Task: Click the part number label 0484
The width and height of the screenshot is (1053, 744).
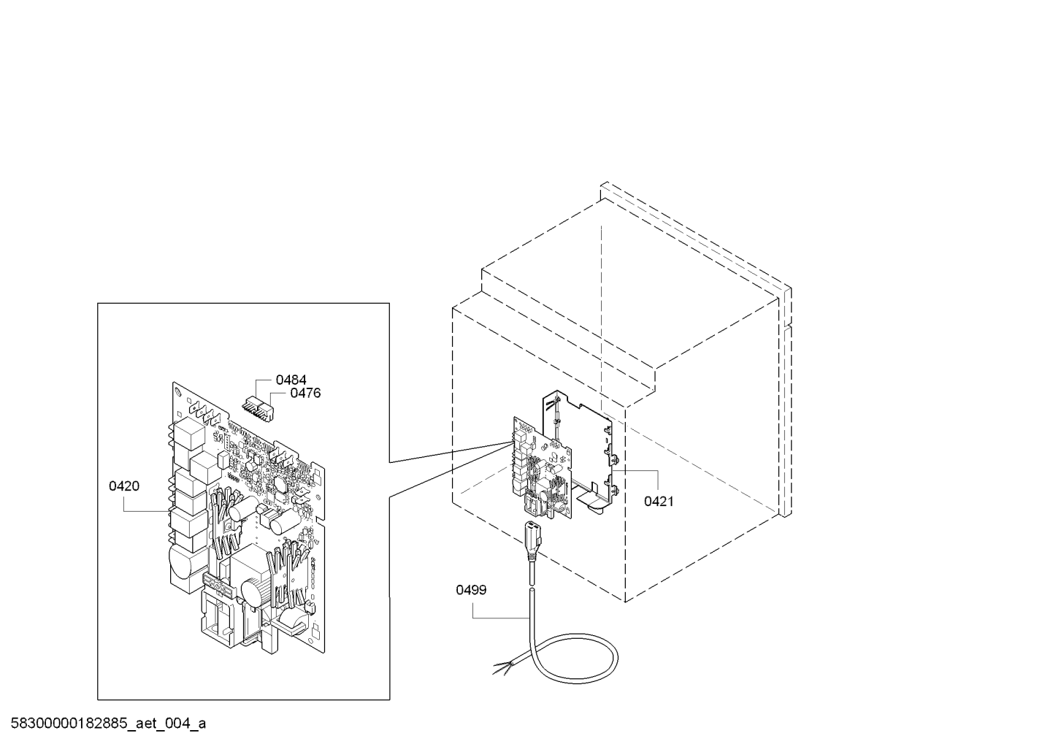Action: pos(291,380)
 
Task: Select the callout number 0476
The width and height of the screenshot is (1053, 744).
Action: pos(305,393)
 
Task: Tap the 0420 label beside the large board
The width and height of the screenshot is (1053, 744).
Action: pos(124,486)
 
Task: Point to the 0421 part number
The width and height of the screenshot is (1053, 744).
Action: pos(659,502)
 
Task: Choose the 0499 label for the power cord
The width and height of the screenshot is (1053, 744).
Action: pos(471,590)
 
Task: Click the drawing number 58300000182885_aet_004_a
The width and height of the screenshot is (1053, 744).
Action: pos(108,724)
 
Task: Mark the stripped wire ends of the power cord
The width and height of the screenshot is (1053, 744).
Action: pos(503,668)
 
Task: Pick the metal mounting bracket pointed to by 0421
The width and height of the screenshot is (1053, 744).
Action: pos(582,451)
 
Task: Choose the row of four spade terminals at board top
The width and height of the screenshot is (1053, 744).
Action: pos(202,410)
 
